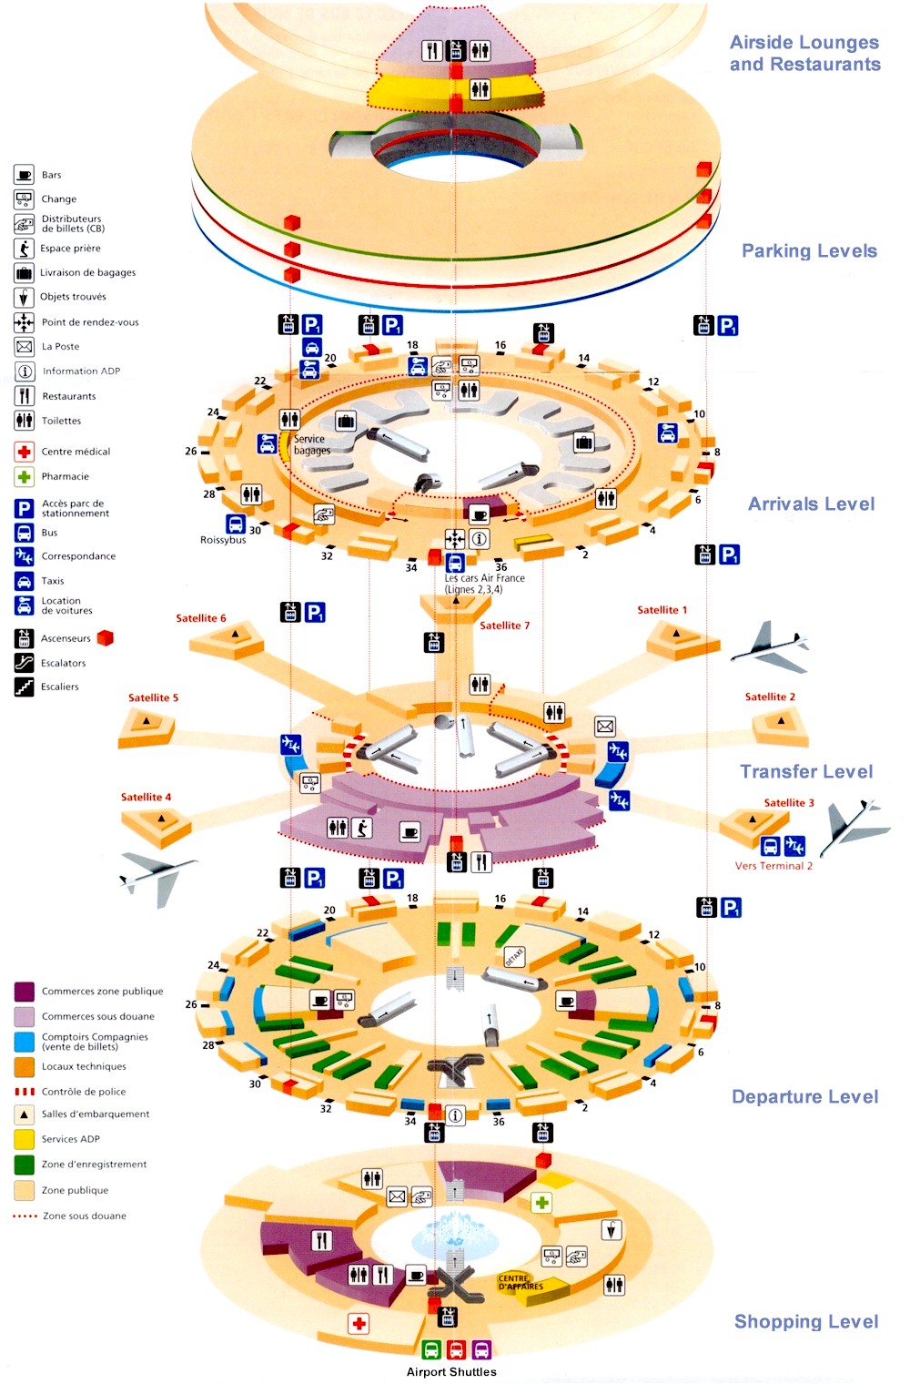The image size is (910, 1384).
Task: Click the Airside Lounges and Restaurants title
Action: point(804,53)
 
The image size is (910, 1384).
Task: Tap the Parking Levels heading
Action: point(809,250)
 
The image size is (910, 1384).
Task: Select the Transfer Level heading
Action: point(806,771)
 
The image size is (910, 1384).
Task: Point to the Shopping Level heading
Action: point(806,1321)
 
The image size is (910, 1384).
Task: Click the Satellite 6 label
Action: point(201,618)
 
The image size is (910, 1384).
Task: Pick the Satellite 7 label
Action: point(504,626)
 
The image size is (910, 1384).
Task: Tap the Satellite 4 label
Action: point(146,797)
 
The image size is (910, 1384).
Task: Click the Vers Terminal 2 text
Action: point(773,866)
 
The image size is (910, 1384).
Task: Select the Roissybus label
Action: point(223,540)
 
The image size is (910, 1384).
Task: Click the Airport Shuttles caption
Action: point(451,1372)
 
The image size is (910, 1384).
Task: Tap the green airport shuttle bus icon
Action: point(432,1349)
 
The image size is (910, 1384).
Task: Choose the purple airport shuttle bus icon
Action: point(481,1349)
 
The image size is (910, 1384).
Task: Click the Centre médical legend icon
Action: point(25,452)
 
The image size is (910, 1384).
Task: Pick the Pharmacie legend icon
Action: point(25,476)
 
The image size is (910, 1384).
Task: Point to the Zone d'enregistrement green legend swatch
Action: point(25,1165)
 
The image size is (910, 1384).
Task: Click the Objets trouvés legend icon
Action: point(25,297)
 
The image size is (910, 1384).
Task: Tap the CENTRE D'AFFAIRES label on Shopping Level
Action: point(521,1282)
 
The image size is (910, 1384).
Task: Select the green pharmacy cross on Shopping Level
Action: point(541,1203)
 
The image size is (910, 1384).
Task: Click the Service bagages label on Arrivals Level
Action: point(312,444)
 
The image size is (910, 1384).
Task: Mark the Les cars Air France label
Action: point(484,584)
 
